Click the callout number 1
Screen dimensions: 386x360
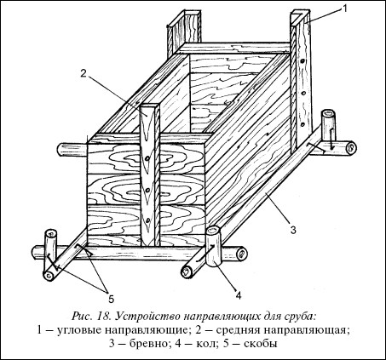pyautogui.click(x=344, y=9)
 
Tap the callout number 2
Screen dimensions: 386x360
pyautogui.click(x=83, y=73)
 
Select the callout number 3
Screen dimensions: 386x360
pyautogui.click(x=293, y=230)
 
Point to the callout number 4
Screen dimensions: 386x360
pyautogui.click(x=238, y=295)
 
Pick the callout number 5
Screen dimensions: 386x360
pyautogui.click(x=111, y=299)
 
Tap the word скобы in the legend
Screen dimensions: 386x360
pyautogui.click(x=261, y=344)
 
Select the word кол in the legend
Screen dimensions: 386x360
pyautogui.click(x=205, y=344)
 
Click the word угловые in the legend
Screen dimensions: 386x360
pyautogui.click(x=78, y=331)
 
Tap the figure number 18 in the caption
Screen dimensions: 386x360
pyautogui.click(x=104, y=316)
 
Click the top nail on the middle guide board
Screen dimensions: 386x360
pyautogui.click(x=147, y=158)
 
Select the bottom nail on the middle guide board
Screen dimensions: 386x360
pyautogui.click(x=147, y=220)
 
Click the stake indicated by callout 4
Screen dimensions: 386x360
pyautogui.click(x=213, y=246)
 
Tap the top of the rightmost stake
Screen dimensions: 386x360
pyautogui.click(x=328, y=114)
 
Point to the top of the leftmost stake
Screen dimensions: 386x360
pyautogui.click(x=51, y=233)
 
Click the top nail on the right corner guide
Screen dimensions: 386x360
pyautogui.click(x=304, y=60)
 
